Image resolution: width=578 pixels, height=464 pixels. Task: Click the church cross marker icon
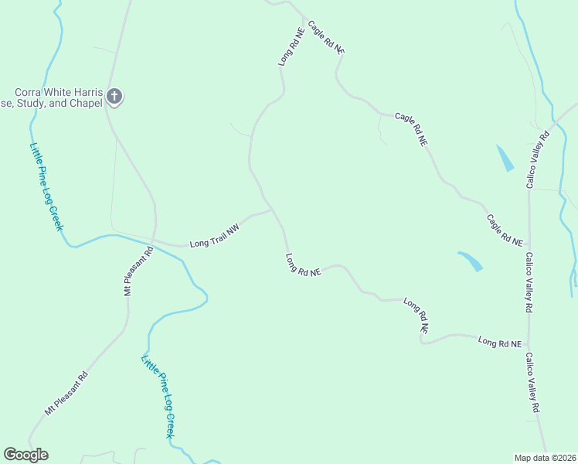(x=114, y=97)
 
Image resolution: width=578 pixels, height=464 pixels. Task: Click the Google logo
(x=25, y=455)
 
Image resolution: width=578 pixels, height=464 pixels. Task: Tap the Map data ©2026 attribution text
(x=546, y=457)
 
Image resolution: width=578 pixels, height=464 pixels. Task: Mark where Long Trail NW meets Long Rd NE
(x=271, y=209)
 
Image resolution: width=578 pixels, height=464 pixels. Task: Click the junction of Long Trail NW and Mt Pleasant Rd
(x=155, y=242)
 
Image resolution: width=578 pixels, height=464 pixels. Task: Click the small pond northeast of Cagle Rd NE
(x=504, y=158)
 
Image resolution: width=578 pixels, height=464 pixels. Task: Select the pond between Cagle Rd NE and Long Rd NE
(x=471, y=261)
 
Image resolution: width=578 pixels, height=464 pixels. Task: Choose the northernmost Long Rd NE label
(x=291, y=47)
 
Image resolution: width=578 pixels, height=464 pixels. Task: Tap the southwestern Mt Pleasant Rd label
(x=66, y=394)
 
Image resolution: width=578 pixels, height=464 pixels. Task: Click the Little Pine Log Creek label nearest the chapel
(x=46, y=189)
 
